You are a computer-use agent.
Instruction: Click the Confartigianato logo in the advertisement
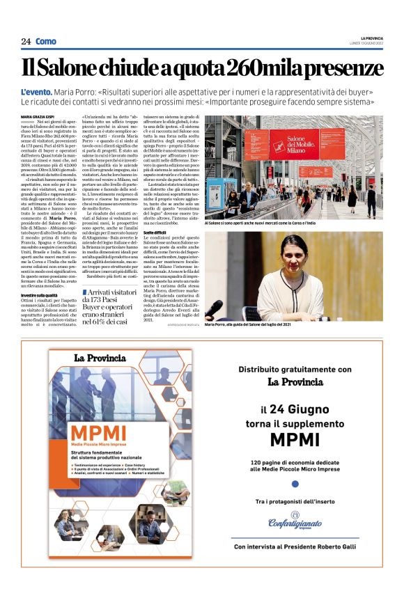tap(295, 523)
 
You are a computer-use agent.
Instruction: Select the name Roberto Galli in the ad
tap(337, 547)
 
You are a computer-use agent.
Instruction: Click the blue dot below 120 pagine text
tap(295, 482)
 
